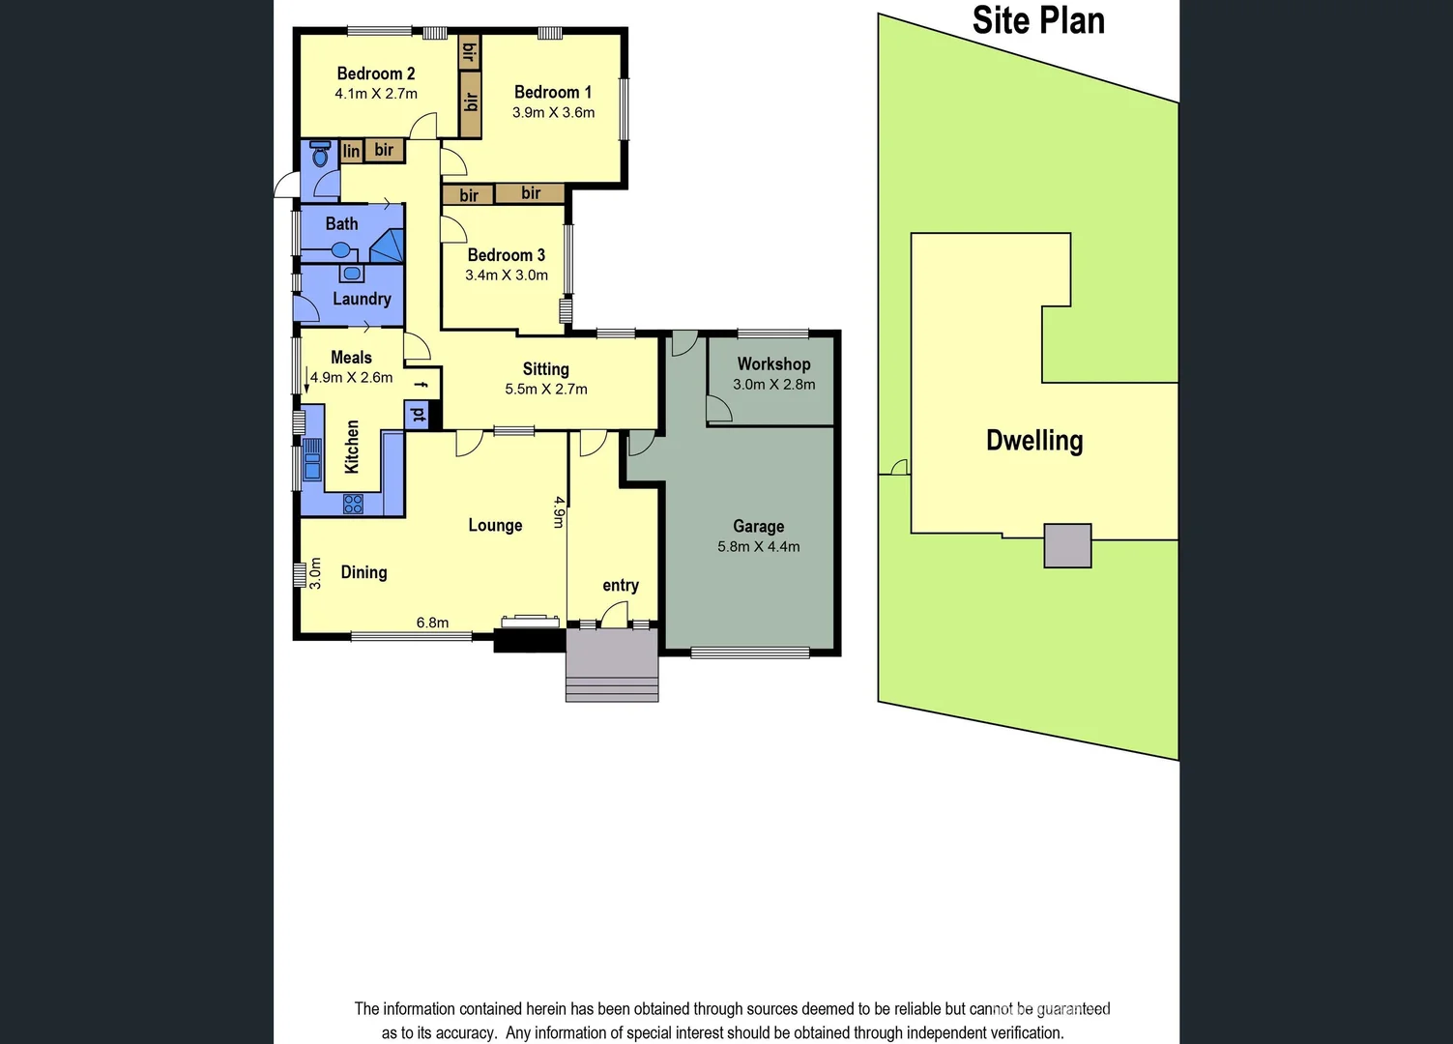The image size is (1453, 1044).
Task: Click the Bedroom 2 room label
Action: pyautogui.click(x=375, y=73)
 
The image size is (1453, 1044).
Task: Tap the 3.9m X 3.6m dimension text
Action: pyautogui.click(x=553, y=112)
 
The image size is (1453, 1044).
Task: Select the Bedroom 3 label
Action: pyautogui.click(x=506, y=255)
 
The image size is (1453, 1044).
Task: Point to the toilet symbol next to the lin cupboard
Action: pyautogui.click(x=320, y=153)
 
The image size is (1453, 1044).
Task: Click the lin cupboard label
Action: pyautogui.click(x=351, y=151)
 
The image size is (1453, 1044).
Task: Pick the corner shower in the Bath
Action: pyautogui.click(x=389, y=246)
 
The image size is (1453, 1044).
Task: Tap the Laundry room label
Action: pyautogui.click(x=362, y=299)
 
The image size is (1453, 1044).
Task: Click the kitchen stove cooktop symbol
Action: pyautogui.click(x=353, y=503)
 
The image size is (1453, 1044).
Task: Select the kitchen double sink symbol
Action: pyautogui.click(x=312, y=458)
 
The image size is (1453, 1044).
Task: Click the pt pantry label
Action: pyautogui.click(x=419, y=415)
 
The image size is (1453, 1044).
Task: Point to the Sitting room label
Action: pyautogui.click(x=545, y=368)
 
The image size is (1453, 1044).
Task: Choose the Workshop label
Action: pyautogui.click(x=773, y=363)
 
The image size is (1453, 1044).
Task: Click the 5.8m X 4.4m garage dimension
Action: pyautogui.click(x=758, y=546)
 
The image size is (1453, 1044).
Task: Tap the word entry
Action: pyautogui.click(x=620, y=585)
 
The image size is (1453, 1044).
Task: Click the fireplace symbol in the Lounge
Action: pyautogui.click(x=529, y=621)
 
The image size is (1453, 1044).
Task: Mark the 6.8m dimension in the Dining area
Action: pyautogui.click(x=432, y=623)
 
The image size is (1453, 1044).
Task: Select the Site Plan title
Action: pyautogui.click(x=1038, y=20)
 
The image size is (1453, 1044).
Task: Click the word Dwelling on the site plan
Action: pyautogui.click(x=1033, y=441)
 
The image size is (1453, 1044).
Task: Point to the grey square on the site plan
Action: pyautogui.click(x=1067, y=545)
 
